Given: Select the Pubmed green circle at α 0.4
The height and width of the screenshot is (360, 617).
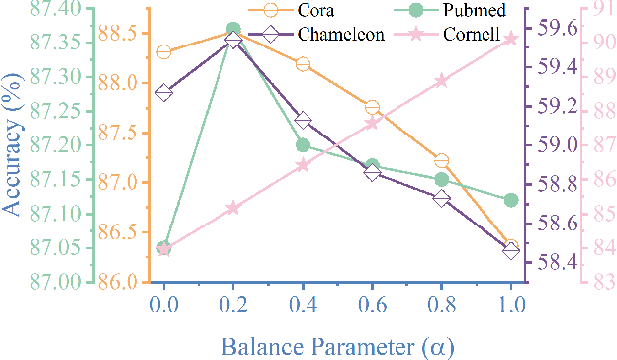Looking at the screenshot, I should coord(303,145).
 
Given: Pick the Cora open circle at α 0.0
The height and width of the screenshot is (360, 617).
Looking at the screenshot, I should coord(164,52).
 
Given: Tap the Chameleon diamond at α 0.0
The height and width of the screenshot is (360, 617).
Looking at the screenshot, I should coord(164,93).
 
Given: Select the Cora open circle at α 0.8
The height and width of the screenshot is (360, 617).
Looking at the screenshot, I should coord(442,160).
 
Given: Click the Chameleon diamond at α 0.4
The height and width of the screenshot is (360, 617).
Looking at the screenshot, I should coord(303,121).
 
